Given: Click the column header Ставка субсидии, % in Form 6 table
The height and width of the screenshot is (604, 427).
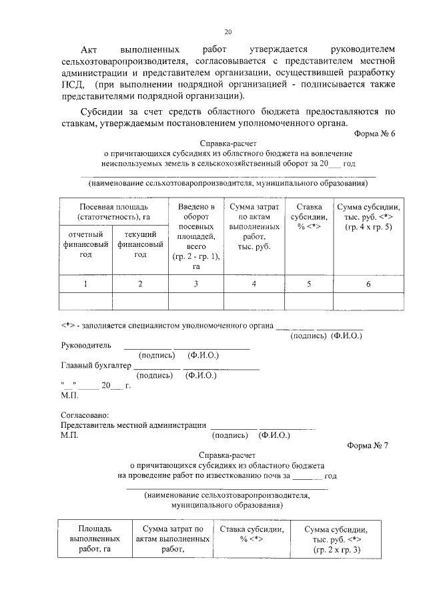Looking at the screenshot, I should (x=309, y=217).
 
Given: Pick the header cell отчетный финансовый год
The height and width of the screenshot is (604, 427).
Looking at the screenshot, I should (x=85, y=244).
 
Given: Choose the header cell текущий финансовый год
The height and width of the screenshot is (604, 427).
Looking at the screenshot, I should (x=140, y=244).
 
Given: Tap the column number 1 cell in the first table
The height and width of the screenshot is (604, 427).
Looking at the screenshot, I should (x=85, y=284).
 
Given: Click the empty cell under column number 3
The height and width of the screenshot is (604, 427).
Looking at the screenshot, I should (x=196, y=302).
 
